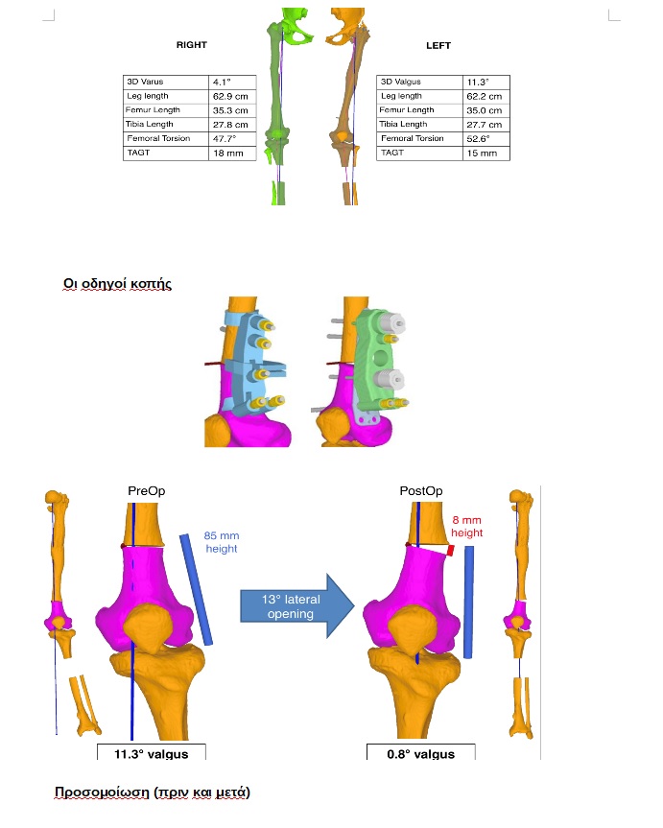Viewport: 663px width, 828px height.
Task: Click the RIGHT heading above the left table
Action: [191, 45]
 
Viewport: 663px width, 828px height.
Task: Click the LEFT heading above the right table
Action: [438, 45]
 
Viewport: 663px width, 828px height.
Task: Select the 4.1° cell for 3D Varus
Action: [231, 83]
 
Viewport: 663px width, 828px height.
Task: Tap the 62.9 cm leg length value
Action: [231, 97]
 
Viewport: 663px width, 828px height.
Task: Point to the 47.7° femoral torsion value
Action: [231, 139]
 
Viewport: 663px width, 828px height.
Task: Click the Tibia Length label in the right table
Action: [404, 125]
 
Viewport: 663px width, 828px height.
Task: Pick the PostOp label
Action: [420, 491]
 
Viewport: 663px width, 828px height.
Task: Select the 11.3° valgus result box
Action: [151, 753]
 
